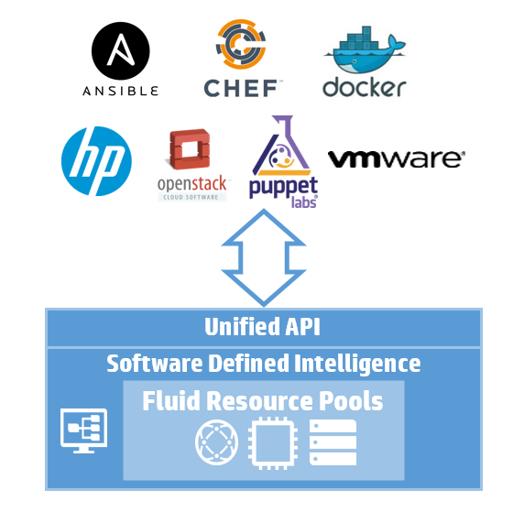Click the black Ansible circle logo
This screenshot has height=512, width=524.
pyautogui.click(x=121, y=50)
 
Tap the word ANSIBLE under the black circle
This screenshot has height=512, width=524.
pyautogui.click(x=121, y=91)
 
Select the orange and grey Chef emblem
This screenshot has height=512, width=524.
pyautogui.click(x=241, y=44)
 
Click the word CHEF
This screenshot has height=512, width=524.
pyautogui.click(x=241, y=88)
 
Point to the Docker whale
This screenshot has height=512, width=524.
pyautogui.click(x=365, y=50)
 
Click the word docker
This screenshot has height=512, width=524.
pyautogui.click(x=365, y=88)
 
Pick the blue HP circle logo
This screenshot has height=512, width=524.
pyautogui.click(x=96, y=161)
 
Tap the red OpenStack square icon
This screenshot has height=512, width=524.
pyautogui.click(x=190, y=149)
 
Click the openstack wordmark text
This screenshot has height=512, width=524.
pyautogui.click(x=191, y=184)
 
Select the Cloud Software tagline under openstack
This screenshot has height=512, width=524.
pyautogui.click(x=191, y=197)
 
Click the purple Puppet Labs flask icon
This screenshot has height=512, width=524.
pyautogui.click(x=282, y=146)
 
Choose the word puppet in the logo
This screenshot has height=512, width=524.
pyautogui.click(x=283, y=188)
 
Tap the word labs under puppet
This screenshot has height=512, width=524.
pyautogui.click(x=304, y=202)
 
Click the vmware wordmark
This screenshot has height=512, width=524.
pyautogui.click(x=397, y=159)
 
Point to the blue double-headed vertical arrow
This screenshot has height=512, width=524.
pyautogui.click(x=264, y=257)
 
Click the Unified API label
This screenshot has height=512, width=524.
pyautogui.click(x=263, y=326)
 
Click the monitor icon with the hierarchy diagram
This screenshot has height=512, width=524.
pyautogui.click(x=84, y=430)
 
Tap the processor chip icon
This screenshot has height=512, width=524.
pyautogui.click(x=273, y=442)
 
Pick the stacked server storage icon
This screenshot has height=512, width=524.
pyautogui.click(x=333, y=442)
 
